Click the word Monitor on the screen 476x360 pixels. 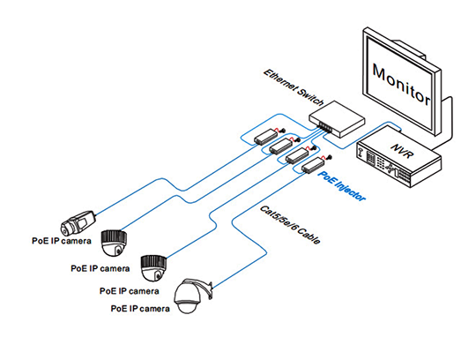tap(401, 85)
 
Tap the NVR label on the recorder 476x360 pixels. tap(403, 151)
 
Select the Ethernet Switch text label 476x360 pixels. tap(294, 87)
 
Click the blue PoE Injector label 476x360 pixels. tap(341, 185)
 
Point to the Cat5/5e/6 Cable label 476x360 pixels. tap(290, 224)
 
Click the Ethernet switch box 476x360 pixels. tap(337, 119)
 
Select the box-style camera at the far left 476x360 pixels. tap(78, 222)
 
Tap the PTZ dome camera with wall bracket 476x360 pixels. tap(192, 296)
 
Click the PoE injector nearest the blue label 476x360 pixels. tap(313, 164)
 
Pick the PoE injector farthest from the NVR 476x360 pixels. tap(266, 137)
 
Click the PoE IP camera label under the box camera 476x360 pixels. tap(62, 241)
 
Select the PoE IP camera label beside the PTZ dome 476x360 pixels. tap(140, 309)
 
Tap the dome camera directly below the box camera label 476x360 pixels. tap(114, 243)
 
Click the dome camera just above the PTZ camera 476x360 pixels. tap(153, 268)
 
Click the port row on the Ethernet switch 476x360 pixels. tap(325, 126)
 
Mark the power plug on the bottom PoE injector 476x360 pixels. tap(328, 158)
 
